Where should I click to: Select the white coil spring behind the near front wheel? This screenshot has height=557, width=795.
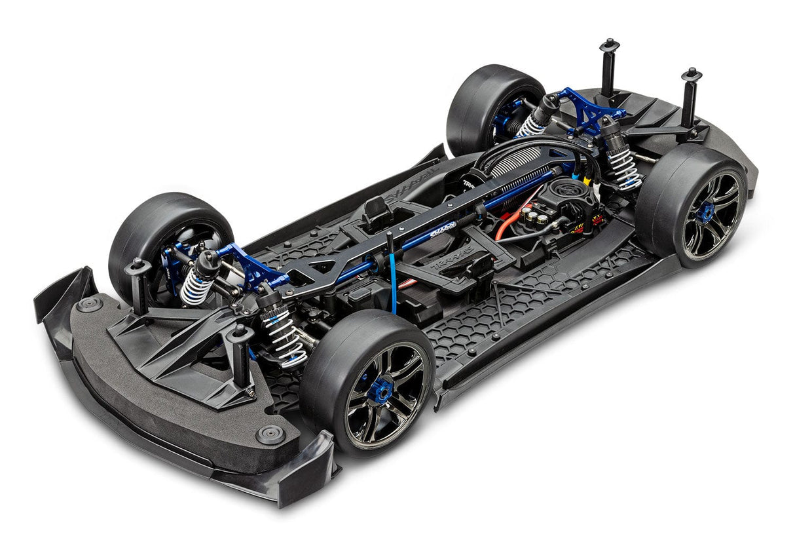(x=284, y=337)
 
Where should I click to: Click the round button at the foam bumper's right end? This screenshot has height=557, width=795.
(x=270, y=434)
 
